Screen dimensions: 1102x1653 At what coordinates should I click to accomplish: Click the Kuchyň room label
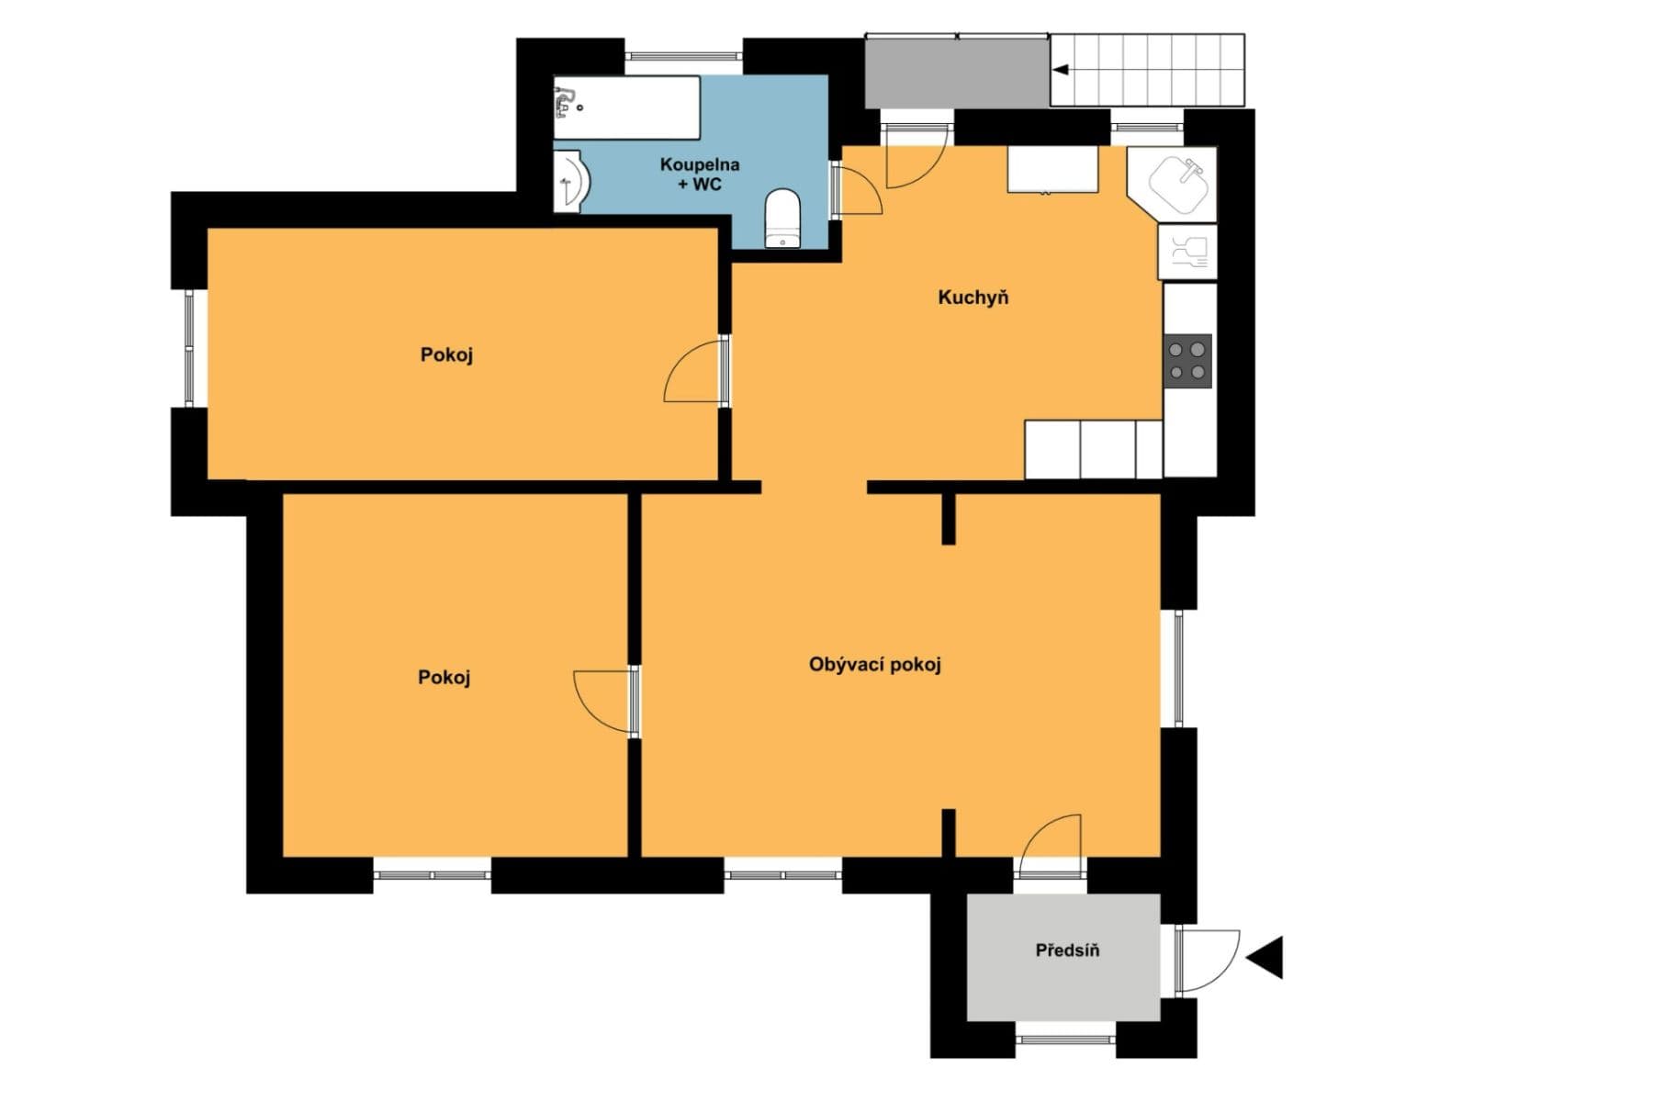pyautogui.click(x=973, y=298)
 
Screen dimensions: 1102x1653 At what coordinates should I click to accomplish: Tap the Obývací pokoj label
pyautogui.click(x=874, y=664)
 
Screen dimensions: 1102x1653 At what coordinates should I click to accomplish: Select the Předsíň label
pyautogui.click(x=1067, y=950)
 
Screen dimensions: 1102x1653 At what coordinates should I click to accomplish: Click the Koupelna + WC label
pyautogui.click(x=700, y=174)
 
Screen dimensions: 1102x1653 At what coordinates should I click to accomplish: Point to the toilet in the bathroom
pyautogui.click(x=782, y=219)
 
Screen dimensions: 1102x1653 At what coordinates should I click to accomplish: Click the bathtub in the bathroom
pyautogui.click(x=626, y=107)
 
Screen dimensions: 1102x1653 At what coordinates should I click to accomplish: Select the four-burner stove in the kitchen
pyautogui.click(x=1187, y=360)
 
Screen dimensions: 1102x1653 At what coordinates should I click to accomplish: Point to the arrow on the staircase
pyautogui.click(x=1061, y=70)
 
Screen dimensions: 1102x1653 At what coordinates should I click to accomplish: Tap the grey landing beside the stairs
pyautogui.click(x=957, y=72)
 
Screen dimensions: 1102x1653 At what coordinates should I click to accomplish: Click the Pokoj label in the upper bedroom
pyautogui.click(x=446, y=354)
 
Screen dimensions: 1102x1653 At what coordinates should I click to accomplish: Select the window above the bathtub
pyautogui.click(x=683, y=56)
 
